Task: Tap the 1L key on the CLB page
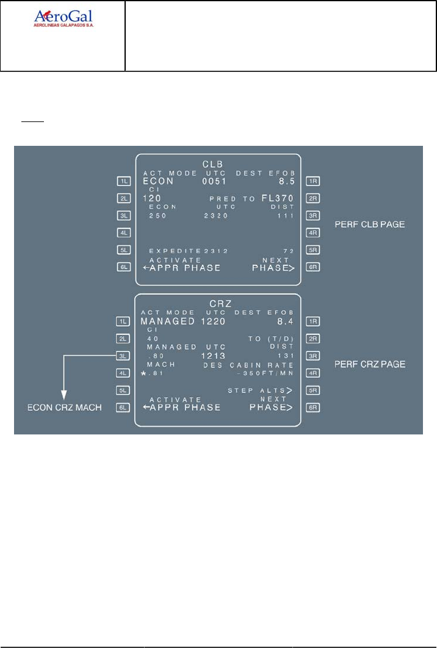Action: pyautogui.click(x=125, y=181)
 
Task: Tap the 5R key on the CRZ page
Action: pyautogui.click(x=313, y=389)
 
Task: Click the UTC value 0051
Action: pyautogui.click(x=214, y=181)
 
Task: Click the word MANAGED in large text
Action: pyautogui.click(x=168, y=321)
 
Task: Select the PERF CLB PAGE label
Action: pyautogui.click(x=370, y=225)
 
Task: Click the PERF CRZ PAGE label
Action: pyautogui.click(x=370, y=364)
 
